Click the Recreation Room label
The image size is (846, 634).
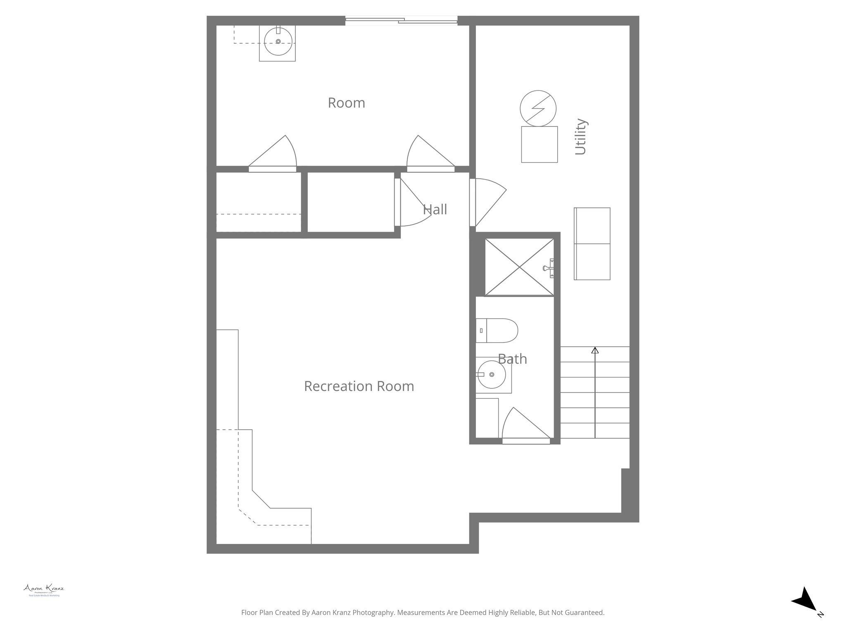point(359,386)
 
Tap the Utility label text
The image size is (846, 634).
point(581,137)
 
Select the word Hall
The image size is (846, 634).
point(435,210)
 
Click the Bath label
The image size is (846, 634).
point(512,359)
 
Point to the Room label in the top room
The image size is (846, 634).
point(346,103)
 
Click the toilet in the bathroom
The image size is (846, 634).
point(497,331)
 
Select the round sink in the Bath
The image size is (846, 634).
point(491,374)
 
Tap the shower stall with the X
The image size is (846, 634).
point(519,267)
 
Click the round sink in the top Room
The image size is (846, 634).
point(278,42)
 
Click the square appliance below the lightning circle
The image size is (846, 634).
point(539,144)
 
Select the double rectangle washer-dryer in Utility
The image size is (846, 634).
point(592,244)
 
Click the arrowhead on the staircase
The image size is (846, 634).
point(595,350)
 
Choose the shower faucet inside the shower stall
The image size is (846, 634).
point(549,268)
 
